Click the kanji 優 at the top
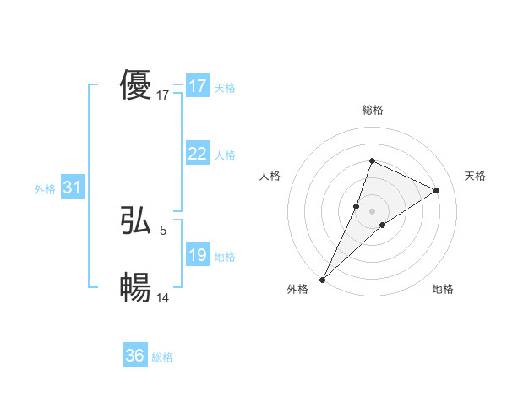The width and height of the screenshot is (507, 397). [x=135, y=86]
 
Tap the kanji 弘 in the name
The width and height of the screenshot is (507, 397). [x=135, y=221]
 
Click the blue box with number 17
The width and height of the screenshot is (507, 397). [x=197, y=86]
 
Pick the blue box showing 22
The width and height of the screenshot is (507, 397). [x=197, y=154]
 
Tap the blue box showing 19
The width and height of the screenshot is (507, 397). [x=197, y=255]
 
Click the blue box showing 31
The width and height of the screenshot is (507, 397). [x=72, y=188]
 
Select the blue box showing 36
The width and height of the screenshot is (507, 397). [x=134, y=356]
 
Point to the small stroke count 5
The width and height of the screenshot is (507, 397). [x=163, y=229]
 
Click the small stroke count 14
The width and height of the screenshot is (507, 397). [x=163, y=296]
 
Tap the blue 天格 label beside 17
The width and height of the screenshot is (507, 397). [x=225, y=88]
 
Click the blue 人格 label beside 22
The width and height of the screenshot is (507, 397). [x=225, y=155]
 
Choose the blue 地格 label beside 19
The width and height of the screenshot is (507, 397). [x=225, y=257]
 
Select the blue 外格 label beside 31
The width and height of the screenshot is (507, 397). [x=45, y=189]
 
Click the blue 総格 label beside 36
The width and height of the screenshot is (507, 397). [x=162, y=357]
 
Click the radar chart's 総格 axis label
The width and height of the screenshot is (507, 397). [x=372, y=111]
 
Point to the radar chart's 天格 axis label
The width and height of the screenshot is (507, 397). [x=475, y=176]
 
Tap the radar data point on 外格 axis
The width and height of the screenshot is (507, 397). [x=322, y=280]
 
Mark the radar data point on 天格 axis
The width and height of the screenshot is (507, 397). [x=436, y=190]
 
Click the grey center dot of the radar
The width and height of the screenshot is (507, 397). [x=372, y=210]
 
